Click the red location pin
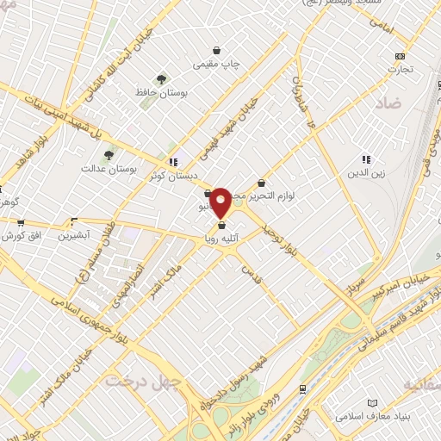click(x=221, y=202)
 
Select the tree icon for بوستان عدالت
click(x=108, y=155)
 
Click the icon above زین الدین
click(x=365, y=159)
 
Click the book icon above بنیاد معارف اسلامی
click(x=372, y=404)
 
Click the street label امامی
click(x=382, y=29)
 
